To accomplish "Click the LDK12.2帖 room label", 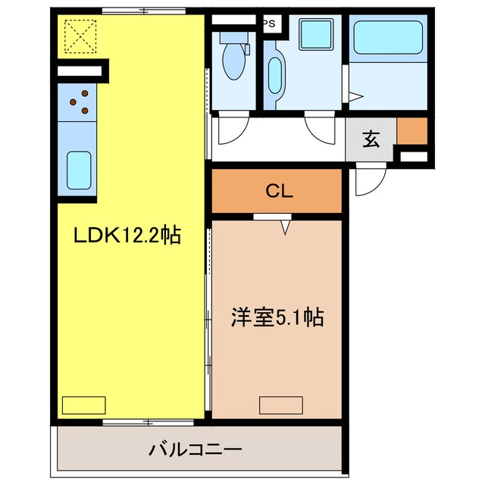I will [127, 236].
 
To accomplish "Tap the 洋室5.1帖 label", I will [277, 318].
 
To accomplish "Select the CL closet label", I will [278, 192].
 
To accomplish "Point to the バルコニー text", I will [195, 450].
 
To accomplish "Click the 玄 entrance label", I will [371, 139].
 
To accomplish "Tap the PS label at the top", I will [269, 23].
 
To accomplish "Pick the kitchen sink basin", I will [78, 171].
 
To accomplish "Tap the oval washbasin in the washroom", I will [274, 76].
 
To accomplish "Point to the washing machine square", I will [311, 36].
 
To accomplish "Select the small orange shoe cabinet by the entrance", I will [411, 132].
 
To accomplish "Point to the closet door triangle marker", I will [286, 225].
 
